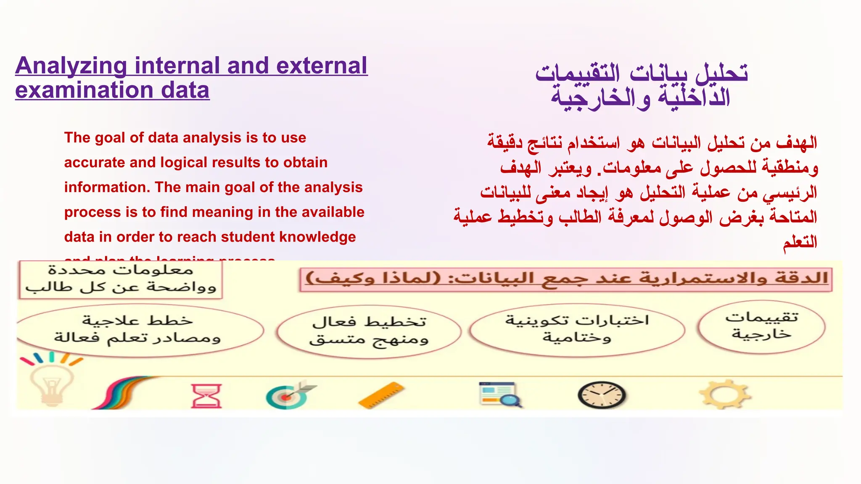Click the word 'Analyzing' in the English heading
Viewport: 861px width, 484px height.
pos(71,66)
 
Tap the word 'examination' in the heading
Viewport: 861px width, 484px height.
pos(84,91)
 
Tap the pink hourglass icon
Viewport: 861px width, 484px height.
pos(206,395)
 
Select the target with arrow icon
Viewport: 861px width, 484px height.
pos(289,395)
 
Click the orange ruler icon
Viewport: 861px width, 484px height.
pos(381,395)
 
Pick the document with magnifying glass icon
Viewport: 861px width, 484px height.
pos(499,394)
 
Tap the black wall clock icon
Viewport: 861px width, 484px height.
pos(601,395)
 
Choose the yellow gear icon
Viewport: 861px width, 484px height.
pos(724,394)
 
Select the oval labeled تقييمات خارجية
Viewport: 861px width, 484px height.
pos(761,326)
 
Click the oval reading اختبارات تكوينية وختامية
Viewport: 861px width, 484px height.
pos(577,329)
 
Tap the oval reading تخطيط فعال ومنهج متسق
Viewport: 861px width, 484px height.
pos(369,331)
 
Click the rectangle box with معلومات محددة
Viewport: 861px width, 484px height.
pos(121,279)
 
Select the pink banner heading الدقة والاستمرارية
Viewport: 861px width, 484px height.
pos(566,278)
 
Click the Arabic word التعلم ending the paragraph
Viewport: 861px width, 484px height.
pos(800,242)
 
